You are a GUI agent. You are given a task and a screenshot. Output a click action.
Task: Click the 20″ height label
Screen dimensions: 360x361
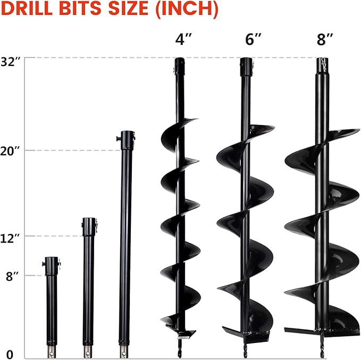(11, 150)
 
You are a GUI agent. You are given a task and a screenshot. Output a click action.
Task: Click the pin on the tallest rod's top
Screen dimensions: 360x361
(117, 139)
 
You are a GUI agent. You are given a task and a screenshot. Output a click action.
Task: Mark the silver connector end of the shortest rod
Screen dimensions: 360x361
(51, 351)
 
